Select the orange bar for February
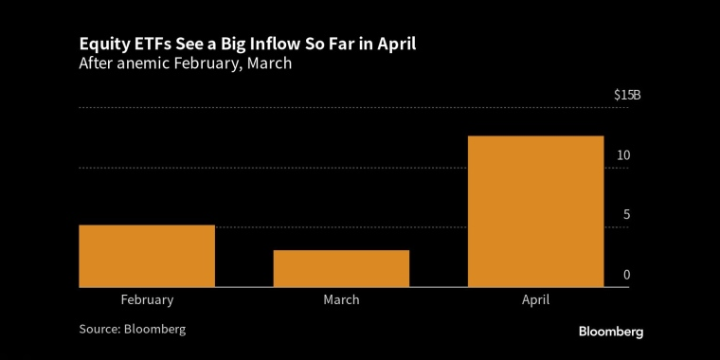147,256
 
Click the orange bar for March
341,269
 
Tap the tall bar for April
535,211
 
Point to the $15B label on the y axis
627,96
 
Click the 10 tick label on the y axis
623,155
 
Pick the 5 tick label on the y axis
626,215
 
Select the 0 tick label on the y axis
627,275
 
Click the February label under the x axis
148,300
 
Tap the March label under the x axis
341,300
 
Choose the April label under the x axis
535,300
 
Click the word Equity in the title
99,45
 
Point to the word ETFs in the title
139,45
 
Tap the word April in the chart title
398,45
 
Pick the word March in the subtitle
269,63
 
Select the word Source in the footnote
99,330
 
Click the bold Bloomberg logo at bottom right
611,332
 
